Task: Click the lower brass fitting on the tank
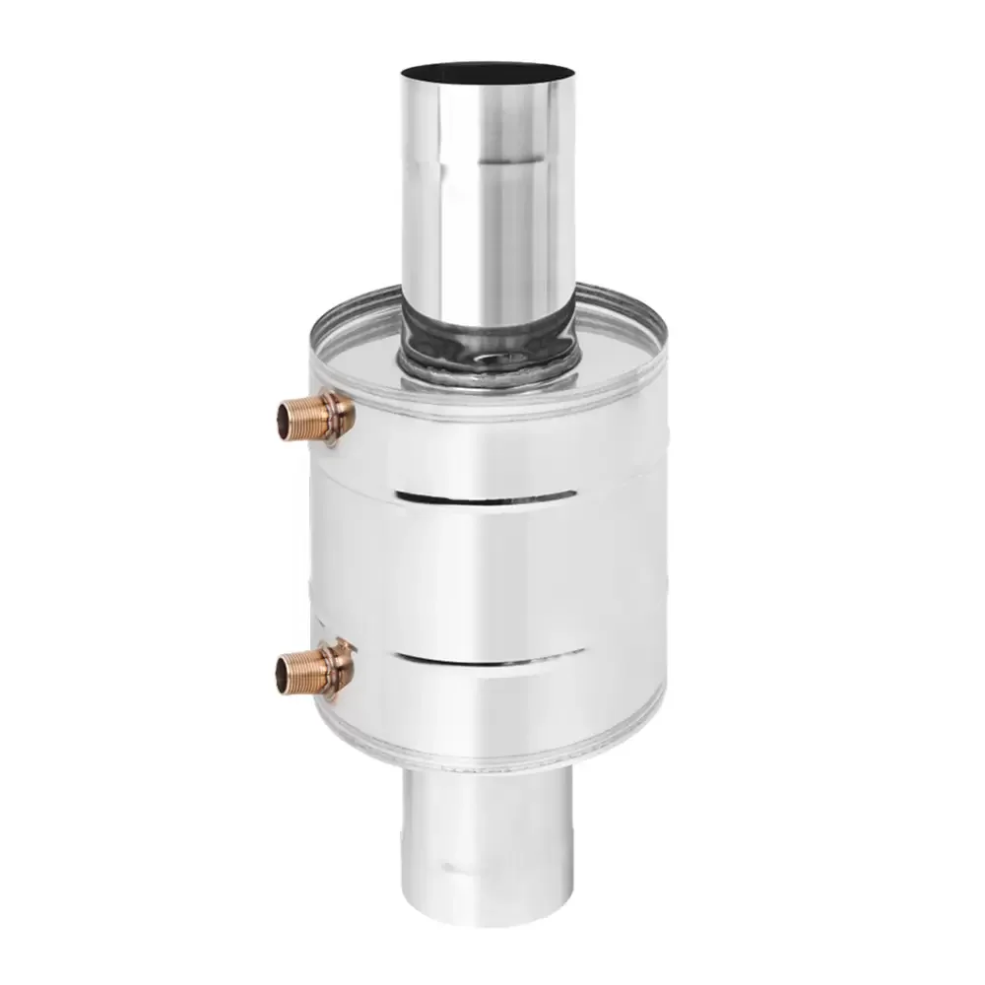pyautogui.click(x=317, y=670)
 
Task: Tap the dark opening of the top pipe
pyautogui.click(x=487, y=73)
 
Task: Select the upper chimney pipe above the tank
pyautogui.click(x=488, y=197)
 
